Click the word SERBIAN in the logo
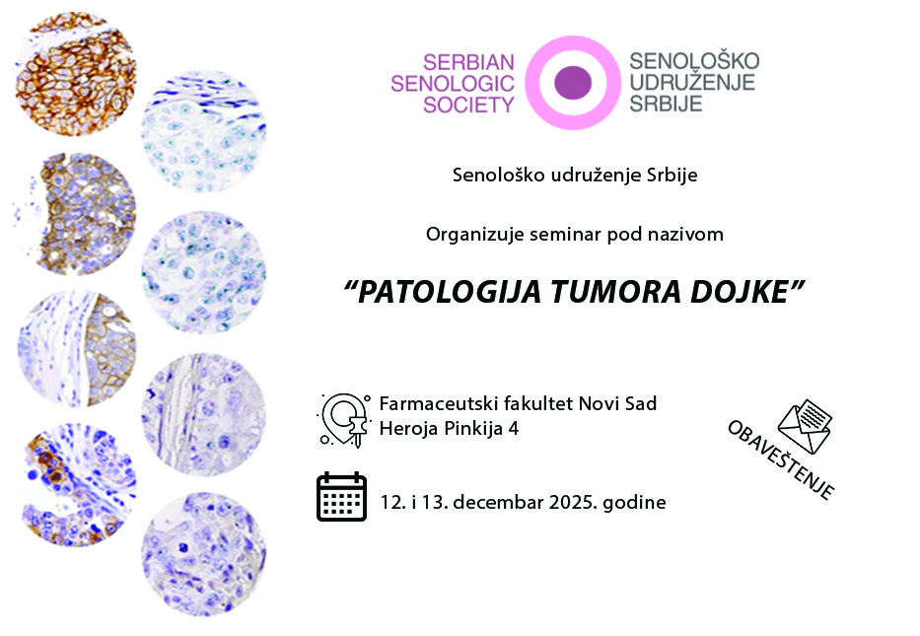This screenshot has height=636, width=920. tap(468, 62)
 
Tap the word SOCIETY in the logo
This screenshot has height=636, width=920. tap(468, 106)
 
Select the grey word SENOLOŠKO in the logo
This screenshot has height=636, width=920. tap(694, 60)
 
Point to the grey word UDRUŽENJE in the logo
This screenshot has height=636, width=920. tap(692, 82)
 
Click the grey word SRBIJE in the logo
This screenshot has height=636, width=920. tap(666, 104)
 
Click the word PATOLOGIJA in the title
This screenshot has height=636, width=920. tap(449, 292)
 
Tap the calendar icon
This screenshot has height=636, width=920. tap(341, 496)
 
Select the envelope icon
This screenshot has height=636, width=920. tap(805, 427)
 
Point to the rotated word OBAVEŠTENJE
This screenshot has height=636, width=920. tap(780, 459)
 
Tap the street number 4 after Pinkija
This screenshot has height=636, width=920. tap(514, 429)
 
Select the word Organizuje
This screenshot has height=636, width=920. tap(474, 235)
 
